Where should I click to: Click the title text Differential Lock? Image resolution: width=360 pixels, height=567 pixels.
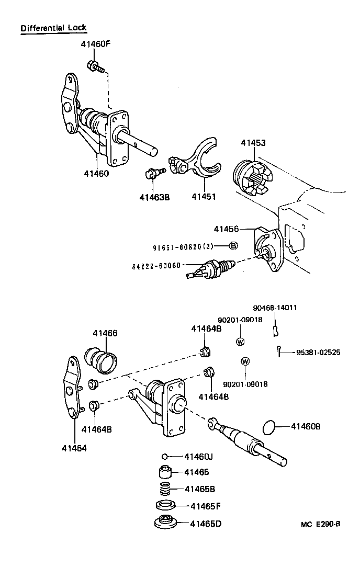[53, 28]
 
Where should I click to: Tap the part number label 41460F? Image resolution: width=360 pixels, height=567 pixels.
[95, 44]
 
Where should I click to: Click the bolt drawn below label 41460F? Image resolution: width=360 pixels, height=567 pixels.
[95, 66]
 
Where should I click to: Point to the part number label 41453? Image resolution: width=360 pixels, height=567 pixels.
[253, 142]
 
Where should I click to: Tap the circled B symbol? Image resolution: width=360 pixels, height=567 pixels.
[233, 246]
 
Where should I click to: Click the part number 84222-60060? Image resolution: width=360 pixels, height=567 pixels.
[156, 265]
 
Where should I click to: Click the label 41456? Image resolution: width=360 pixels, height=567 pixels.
[226, 229]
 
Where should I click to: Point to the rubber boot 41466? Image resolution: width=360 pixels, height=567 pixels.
[102, 362]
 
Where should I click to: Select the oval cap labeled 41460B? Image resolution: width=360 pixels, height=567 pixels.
[268, 427]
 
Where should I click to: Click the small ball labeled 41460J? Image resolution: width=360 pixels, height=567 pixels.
[164, 457]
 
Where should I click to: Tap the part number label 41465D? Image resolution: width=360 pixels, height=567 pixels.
[206, 524]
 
